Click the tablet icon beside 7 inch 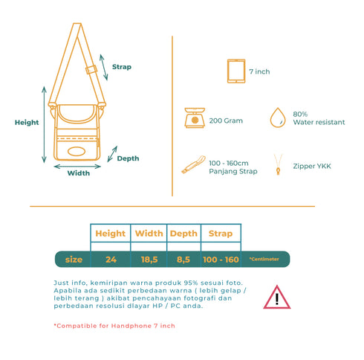pyautogui.click(x=236, y=71)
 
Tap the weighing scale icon pyautogui.click(x=195, y=118)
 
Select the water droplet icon pyautogui.click(x=278, y=118)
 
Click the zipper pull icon pyautogui.click(x=278, y=164)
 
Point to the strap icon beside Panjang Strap pyautogui.click(x=194, y=164)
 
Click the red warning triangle pyautogui.click(x=277, y=297)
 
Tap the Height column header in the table pyautogui.click(x=111, y=234)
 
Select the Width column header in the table pyautogui.click(x=149, y=234)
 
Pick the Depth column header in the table pyautogui.click(x=183, y=234)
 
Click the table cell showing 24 pyautogui.click(x=111, y=260)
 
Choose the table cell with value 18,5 pyautogui.click(x=149, y=260)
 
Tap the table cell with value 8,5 pyautogui.click(x=183, y=260)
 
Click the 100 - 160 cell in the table pyautogui.click(x=221, y=260)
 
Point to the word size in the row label pyautogui.click(x=74, y=260)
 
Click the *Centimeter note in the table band pyautogui.click(x=264, y=259)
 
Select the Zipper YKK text pyautogui.click(x=312, y=166)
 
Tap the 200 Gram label pyautogui.click(x=226, y=120)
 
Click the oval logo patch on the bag pyautogui.click(x=77, y=151)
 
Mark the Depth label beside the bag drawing pyautogui.click(x=128, y=158)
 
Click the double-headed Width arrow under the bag pyautogui.click(x=77, y=167)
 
